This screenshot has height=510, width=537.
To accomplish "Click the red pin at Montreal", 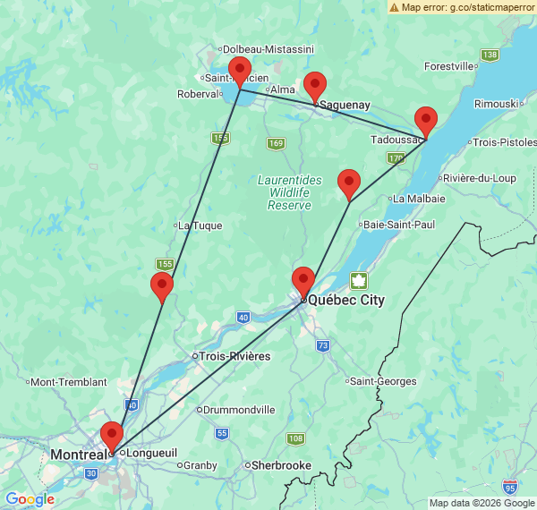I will [x=112, y=436].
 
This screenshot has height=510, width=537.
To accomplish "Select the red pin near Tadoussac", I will [x=426, y=121].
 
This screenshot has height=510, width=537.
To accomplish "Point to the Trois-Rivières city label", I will [x=234, y=356].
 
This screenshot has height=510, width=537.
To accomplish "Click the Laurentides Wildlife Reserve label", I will [x=289, y=192].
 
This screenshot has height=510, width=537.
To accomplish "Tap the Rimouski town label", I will [x=497, y=104].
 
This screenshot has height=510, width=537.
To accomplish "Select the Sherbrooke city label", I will [x=281, y=465].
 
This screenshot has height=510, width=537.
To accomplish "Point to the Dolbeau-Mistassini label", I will [x=268, y=48].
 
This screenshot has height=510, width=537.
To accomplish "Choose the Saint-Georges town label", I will [x=383, y=381].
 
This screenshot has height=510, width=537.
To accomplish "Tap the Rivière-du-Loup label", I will [x=479, y=178].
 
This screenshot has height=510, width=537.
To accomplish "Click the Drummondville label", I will [x=239, y=410].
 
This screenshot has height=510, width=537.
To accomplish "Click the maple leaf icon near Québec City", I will [x=359, y=281].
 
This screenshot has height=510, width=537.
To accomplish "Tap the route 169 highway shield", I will [x=276, y=144].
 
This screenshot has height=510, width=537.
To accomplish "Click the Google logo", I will [x=30, y=499].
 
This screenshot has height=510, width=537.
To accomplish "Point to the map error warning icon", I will [x=395, y=7].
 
